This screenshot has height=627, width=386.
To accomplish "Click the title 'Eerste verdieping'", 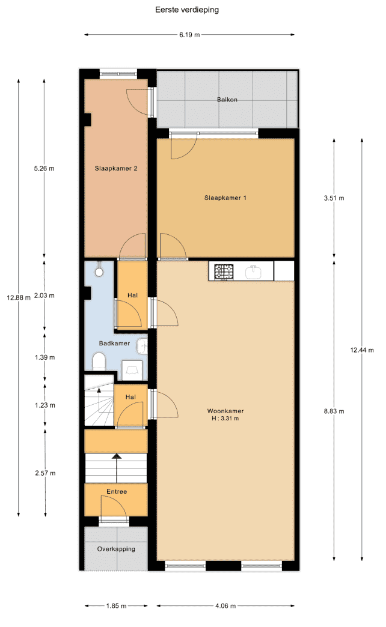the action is click(x=187, y=10).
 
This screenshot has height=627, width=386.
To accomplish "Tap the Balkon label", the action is click(x=227, y=100).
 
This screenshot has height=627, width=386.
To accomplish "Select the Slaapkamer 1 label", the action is click(x=225, y=198).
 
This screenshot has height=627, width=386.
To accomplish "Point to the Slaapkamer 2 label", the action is click(x=115, y=168).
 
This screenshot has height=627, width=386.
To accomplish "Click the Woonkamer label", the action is click(x=225, y=411).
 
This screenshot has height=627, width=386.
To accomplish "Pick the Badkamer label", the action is click(x=114, y=343).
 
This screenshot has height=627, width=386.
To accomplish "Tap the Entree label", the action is click(x=117, y=491).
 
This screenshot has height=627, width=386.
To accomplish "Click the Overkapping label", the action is click(x=116, y=549).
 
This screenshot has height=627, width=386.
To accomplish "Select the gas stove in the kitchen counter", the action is click(x=224, y=271).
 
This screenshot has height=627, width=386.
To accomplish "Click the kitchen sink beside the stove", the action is click(x=254, y=272).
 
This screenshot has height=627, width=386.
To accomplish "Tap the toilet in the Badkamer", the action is click(x=99, y=362).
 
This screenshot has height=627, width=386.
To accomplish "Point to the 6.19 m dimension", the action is click(x=189, y=35).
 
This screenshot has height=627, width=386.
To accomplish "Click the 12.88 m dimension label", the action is click(x=19, y=297).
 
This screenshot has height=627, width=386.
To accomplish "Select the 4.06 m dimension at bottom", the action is click(x=225, y=606).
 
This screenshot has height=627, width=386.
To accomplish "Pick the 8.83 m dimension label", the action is click(x=334, y=411).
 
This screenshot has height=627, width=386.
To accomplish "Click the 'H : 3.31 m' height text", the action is click(x=225, y=418).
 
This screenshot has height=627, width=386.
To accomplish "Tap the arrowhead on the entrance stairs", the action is click(x=117, y=456).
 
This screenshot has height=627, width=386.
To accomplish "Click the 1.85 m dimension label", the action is click(x=116, y=606).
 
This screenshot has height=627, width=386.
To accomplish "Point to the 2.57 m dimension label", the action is click(x=45, y=473).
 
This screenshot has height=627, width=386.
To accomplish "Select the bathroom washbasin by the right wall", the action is click(x=142, y=347).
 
